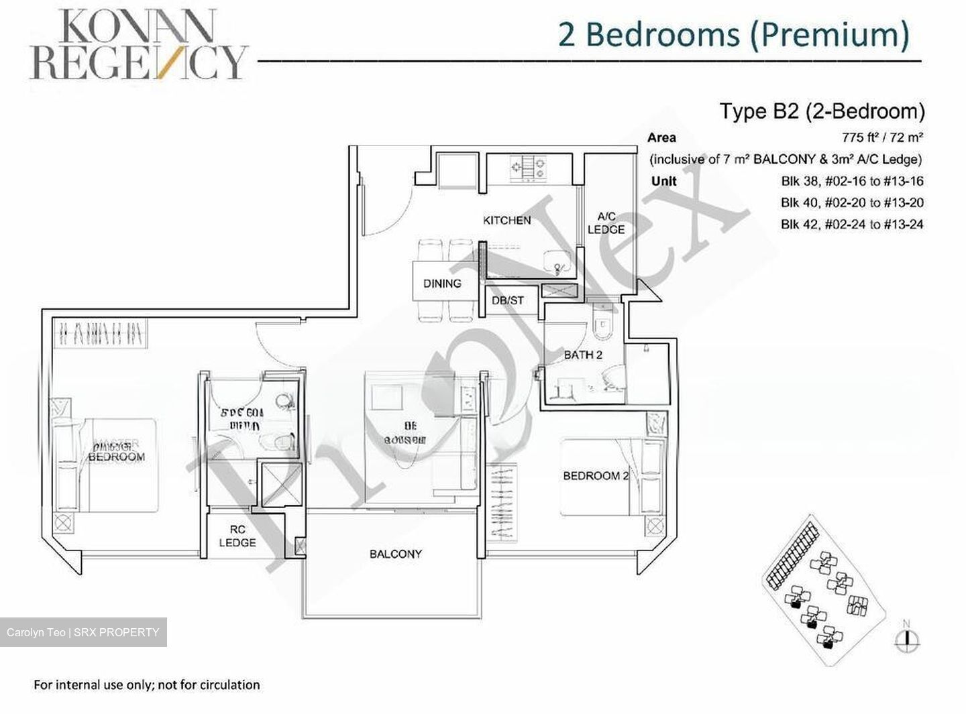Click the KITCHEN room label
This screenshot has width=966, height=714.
point(506,221)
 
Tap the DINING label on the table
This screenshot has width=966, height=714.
point(442,284)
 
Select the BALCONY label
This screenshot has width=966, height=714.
point(395,554)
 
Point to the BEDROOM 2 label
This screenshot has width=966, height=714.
point(595,476)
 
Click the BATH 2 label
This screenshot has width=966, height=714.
point(582,355)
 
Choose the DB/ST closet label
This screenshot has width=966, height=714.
point(507,300)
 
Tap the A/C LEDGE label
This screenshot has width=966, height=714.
point(606,223)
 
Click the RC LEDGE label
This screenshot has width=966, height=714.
point(237,536)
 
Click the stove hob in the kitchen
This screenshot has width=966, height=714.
point(528,168)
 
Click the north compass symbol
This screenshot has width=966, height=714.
point(907,638)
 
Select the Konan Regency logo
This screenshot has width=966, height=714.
point(138,45)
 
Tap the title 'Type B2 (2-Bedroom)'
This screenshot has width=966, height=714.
point(822,111)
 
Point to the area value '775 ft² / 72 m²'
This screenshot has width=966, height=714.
point(882,138)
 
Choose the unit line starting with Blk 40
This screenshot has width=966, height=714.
point(851,202)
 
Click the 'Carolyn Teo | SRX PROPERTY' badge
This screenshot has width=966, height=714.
point(83,632)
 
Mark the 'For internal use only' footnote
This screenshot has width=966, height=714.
point(147,685)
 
